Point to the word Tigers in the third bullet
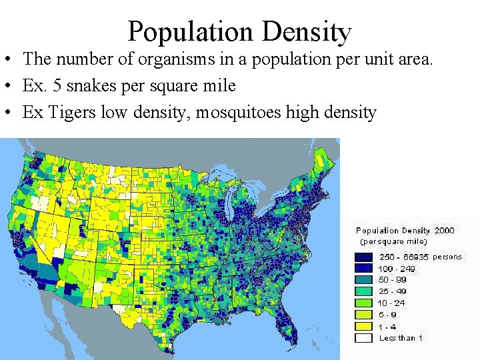(x=71, y=113)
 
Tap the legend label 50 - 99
(x=393, y=280)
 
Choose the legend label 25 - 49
(x=393, y=291)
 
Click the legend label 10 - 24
(x=393, y=303)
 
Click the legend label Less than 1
(x=401, y=338)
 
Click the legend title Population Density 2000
(x=405, y=231)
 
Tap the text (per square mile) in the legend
(x=393, y=241)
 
